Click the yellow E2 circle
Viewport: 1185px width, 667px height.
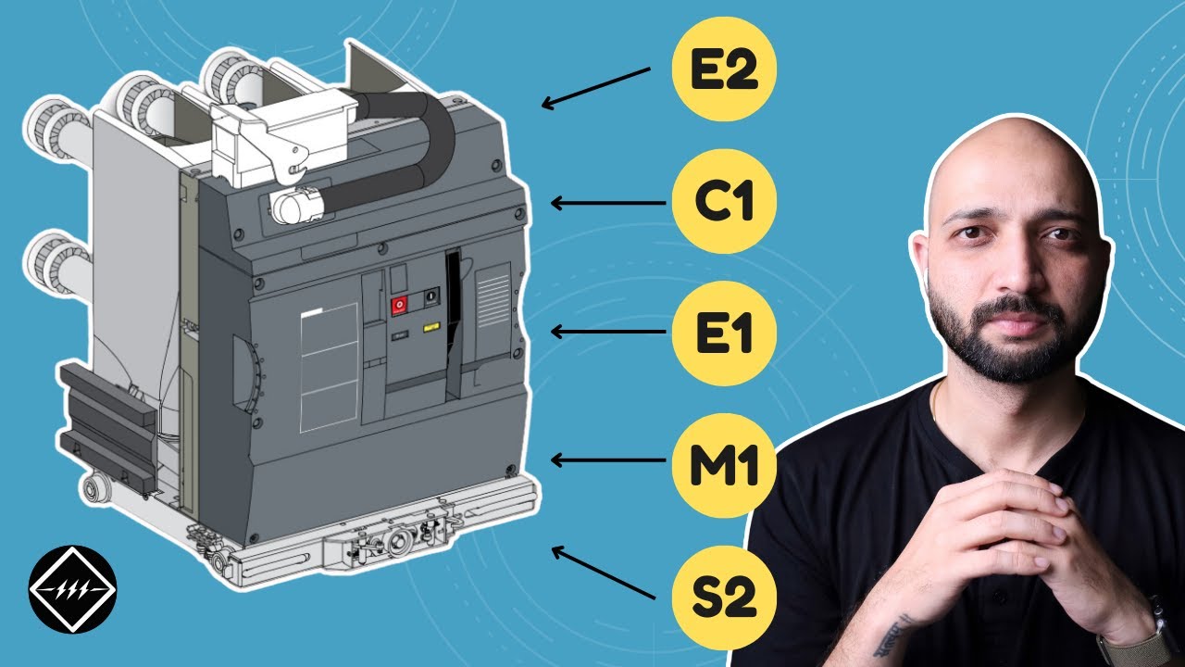(724, 69)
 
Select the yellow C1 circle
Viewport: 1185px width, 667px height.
(724, 202)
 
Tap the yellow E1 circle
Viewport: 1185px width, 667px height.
(724, 333)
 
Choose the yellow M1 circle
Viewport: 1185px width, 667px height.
(724, 466)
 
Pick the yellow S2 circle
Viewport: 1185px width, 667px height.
(724, 598)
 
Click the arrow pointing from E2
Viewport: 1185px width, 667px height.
(595, 88)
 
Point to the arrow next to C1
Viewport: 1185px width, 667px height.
(608, 203)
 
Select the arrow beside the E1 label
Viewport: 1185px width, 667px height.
(608, 332)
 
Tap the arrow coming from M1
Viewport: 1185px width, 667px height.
(608, 460)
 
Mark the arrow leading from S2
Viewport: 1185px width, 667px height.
(604, 573)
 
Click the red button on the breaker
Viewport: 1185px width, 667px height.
(399, 306)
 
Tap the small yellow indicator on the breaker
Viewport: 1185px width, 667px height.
(431, 328)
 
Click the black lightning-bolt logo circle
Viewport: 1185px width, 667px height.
(72, 589)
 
